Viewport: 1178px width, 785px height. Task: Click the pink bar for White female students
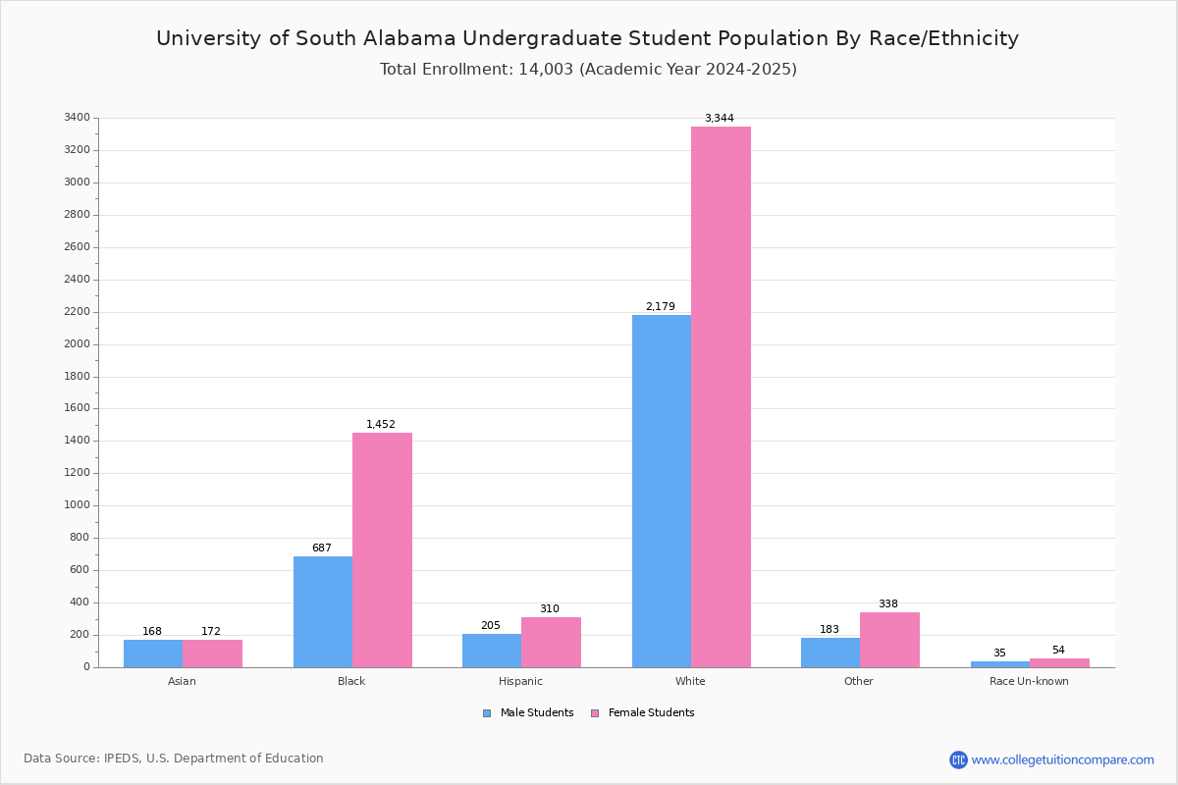(721, 397)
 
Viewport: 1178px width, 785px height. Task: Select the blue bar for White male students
(662, 491)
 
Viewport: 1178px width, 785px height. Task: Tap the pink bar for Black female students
(382, 549)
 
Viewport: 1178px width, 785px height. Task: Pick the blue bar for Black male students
(323, 612)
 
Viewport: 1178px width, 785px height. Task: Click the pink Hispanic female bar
(551, 643)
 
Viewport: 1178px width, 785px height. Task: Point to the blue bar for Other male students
(830, 653)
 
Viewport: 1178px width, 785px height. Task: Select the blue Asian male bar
(153, 654)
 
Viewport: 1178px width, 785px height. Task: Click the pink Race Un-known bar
(1059, 663)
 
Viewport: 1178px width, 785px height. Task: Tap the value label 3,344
(720, 118)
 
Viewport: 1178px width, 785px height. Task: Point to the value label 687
(322, 548)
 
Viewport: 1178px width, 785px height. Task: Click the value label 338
(888, 603)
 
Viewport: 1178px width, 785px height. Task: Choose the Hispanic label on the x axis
(520, 681)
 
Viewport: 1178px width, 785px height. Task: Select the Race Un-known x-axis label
(1029, 681)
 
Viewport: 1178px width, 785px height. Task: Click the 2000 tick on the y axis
(78, 343)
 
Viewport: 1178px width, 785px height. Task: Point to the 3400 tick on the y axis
(78, 117)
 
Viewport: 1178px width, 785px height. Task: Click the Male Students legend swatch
(487, 713)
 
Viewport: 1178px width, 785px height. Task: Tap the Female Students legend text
(651, 712)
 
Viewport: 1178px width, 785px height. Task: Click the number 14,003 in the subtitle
(546, 70)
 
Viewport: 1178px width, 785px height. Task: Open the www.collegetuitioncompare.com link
(1062, 759)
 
